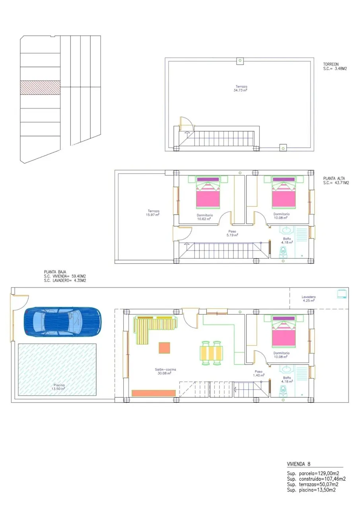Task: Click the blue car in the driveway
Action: (x=62, y=322)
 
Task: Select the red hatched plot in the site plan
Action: (x=40, y=87)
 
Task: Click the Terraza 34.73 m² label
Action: (x=240, y=88)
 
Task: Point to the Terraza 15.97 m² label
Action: (x=152, y=213)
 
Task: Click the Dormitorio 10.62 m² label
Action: (x=204, y=217)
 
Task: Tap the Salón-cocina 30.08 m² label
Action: (x=165, y=371)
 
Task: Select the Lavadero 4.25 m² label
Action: (x=308, y=299)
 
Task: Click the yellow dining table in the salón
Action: (x=211, y=353)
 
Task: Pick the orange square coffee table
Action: (x=164, y=348)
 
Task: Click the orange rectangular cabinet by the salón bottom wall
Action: (x=154, y=393)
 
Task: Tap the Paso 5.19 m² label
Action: (x=232, y=233)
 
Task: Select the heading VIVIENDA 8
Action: (x=298, y=464)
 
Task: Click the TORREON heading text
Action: (x=331, y=64)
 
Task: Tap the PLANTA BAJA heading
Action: (x=55, y=272)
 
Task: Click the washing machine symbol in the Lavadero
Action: (x=342, y=293)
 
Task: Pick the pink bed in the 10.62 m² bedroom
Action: (x=208, y=193)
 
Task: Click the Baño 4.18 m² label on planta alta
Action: (x=287, y=241)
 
